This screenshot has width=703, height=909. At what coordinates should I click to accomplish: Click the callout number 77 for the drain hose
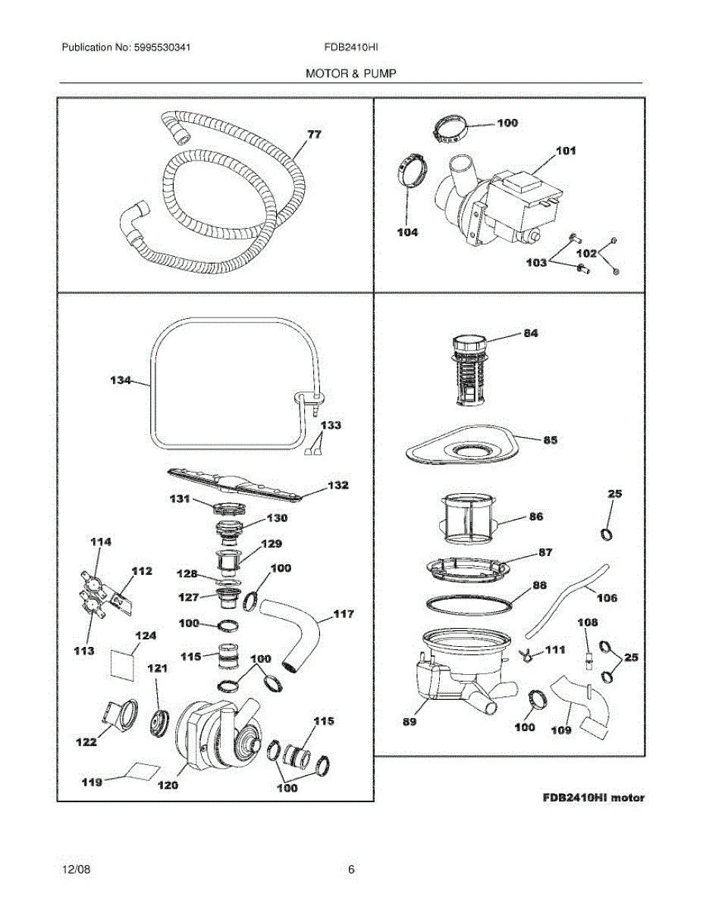[x=314, y=134]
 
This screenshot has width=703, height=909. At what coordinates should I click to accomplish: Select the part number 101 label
[x=566, y=151]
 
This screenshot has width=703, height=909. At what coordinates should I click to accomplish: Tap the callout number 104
[x=407, y=233]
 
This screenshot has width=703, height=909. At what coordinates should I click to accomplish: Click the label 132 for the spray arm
[x=337, y=485]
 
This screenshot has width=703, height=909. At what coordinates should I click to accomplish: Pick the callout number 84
[x=531, y=333]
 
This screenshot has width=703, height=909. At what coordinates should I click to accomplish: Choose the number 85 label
[x=549, y=439]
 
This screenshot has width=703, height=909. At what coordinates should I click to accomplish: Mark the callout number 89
[x=409, y=722]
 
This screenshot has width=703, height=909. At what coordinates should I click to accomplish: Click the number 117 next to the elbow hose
[x=344, y=614]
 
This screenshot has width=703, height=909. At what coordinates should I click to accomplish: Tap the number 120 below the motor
[x=168, y=785]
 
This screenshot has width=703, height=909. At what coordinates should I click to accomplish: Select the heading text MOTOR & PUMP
[x=351, y=73]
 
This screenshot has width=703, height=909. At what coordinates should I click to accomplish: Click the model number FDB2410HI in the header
[x=351, y=47]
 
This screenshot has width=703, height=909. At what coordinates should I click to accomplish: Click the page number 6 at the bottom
[x=351, y=870]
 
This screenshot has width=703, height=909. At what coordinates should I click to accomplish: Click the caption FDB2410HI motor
[x=594, y=798]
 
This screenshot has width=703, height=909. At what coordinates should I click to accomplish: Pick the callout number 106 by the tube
[x=607, y=598]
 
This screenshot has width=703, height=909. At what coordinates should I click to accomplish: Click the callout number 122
[x=86, y=742]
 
